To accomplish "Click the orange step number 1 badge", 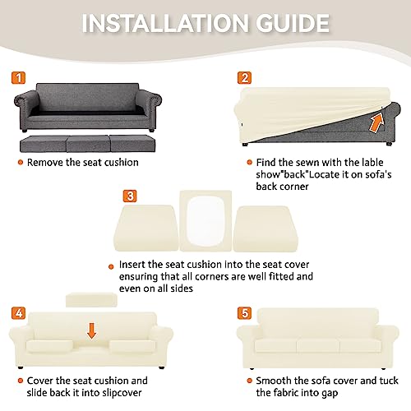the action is point(18,77).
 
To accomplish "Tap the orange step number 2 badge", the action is point(244,77).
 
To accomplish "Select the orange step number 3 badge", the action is point(130,196).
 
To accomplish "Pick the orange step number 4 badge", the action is point(18,313).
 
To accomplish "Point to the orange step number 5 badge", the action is point(244,313).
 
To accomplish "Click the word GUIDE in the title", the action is point(293,23).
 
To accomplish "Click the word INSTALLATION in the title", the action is point(165,23).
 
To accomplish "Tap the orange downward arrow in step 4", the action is point(91,330).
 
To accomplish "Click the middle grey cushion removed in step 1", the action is point(88,144).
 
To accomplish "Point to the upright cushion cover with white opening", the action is point(205,221).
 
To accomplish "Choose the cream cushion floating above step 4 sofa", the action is point(91,300).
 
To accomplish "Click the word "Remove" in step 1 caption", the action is point(45,163).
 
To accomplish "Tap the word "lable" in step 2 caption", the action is point(372,163).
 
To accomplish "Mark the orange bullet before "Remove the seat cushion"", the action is point(21,163).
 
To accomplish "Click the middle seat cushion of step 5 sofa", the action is point(318,346).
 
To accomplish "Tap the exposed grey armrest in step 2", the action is point(392,115).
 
